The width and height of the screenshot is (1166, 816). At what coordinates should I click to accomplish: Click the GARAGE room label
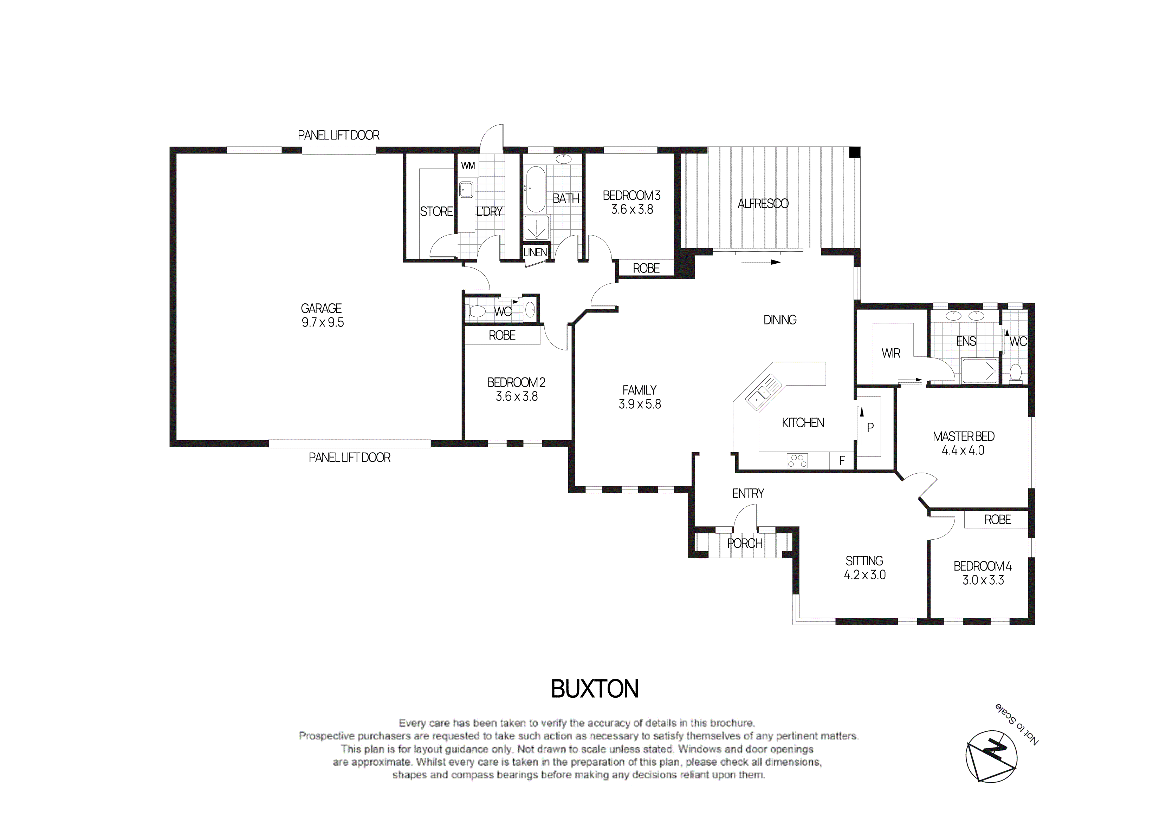pyautogui.click(x=321, y=308)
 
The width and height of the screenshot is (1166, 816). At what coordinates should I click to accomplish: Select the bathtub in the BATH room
pyautogui.click(x=535, y=189)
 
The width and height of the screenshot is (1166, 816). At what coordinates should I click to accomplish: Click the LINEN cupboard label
pyautogui.click(x=535, y=252)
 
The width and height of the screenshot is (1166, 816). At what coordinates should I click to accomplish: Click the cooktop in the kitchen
pyautogui.click(x=797, y=461)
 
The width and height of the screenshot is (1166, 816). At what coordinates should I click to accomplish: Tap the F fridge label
pyautogui.click(x=842, y=461)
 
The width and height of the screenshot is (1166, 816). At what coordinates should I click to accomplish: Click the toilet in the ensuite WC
pyautogui.click(x=1016, y=373)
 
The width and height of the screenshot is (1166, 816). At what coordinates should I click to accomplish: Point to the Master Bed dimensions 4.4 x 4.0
pyautogui.click(x=963, y=450)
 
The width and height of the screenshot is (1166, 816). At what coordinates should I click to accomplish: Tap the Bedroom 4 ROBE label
pyautogui.click(x=997, y=520)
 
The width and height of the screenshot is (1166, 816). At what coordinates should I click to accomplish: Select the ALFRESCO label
pyautogui.click(x=763, y=204)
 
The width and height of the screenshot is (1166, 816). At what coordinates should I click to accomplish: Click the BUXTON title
pyautogui.click(x=595, y=689)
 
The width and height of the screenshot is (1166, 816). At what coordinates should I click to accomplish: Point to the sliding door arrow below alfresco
pyautogui.click(x=760, y=262)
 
